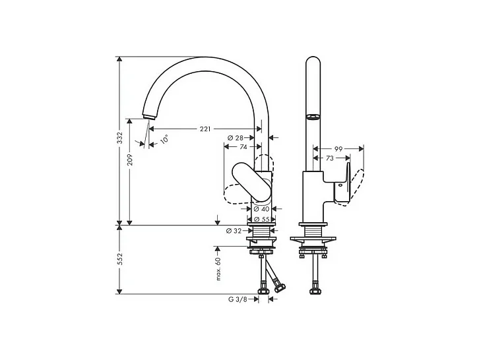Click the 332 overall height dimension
(x=119, y=138)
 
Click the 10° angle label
(x=164, y=140)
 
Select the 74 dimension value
(x=243, y=148)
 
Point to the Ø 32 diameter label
(x=235, y=231)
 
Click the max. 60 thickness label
(x=218, y=269)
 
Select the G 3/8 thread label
(x=238, y=299)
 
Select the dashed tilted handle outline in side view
(x=354, y=187)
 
